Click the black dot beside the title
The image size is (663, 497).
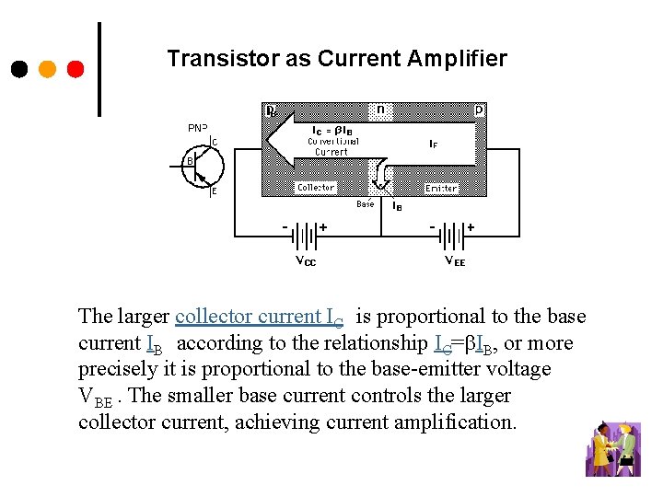(19, 69)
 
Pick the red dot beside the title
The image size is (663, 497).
(76, 69)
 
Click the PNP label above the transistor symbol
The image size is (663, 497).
(198, 128)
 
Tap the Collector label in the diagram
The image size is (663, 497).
(316, 187)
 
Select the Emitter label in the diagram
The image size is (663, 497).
(441, 188)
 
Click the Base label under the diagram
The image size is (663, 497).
(366, 204)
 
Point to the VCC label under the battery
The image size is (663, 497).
(305, 261)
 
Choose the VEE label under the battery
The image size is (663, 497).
(455, 261)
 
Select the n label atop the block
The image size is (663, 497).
(380, 110)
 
